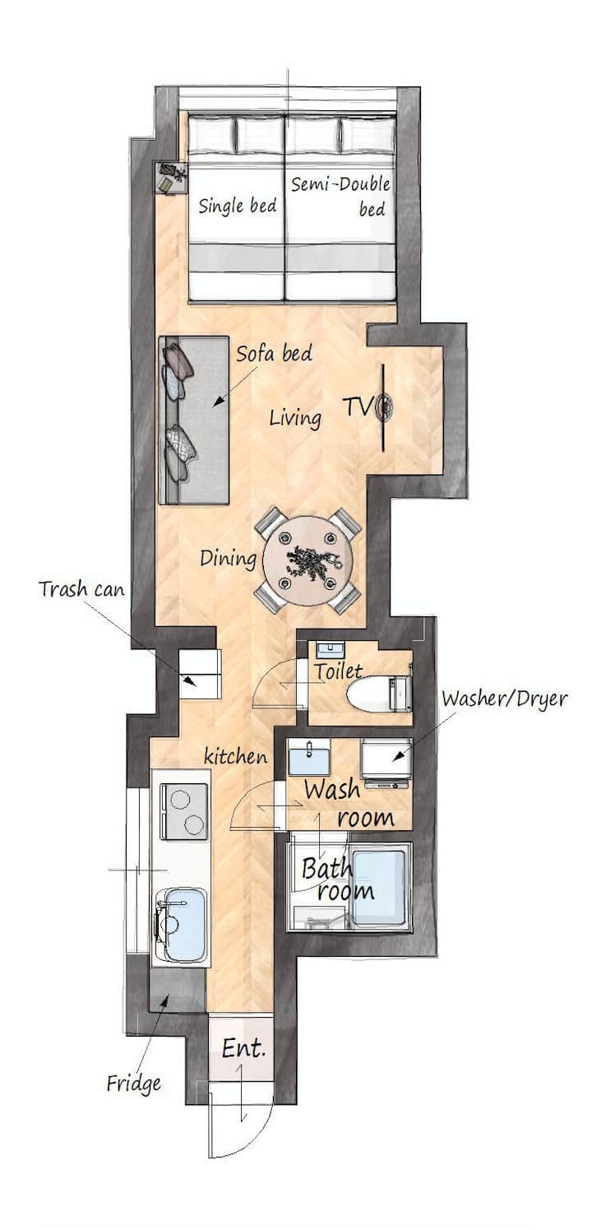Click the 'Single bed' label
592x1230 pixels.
tap(237, 206)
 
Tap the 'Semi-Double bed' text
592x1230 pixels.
tap(340, 196)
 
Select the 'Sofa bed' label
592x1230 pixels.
tap(275, 354)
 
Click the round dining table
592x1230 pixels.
tap(309, 561)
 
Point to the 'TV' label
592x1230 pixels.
tap(358, 407)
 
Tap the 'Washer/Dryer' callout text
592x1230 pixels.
tap(504, 699)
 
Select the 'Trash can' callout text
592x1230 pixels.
tap(81, 589)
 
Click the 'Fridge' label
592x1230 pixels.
tap(134, 1084)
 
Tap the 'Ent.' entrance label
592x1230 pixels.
tap(244, 1049)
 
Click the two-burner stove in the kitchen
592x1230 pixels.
tap(184, 811)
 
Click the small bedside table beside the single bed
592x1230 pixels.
tap(172, 178)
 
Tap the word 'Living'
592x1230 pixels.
tap(295, 419)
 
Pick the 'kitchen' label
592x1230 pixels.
tap(236, 757)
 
